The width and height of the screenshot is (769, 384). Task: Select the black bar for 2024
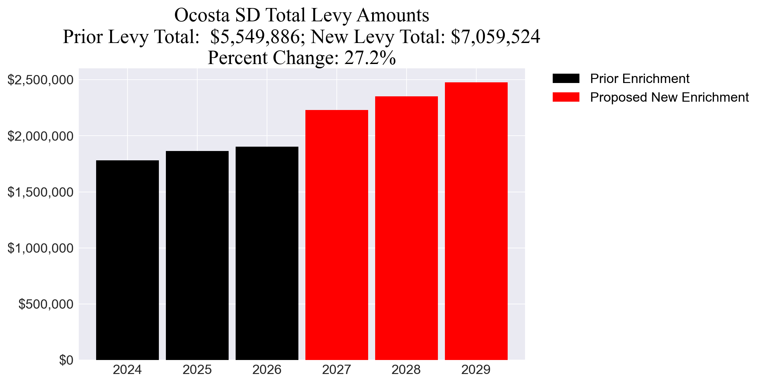(127, 260)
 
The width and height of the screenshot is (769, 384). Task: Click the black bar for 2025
(197, 255)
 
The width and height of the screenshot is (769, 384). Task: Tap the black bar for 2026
(267, 253)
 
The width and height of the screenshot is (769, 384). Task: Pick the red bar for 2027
(336, 235)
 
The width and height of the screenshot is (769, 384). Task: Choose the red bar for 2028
(406, 228)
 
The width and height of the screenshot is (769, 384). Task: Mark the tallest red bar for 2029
(476, 221)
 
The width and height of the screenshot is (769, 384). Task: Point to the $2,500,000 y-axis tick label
(40, 80)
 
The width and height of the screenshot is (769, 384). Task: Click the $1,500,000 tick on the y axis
(40, 192)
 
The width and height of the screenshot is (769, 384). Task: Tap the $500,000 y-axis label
(46, 304)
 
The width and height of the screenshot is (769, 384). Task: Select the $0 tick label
(66, 360)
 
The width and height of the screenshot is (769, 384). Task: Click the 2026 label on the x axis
(267, 370)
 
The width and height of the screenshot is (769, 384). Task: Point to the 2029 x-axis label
(476, 370)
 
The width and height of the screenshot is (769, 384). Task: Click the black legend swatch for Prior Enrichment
(566, 79)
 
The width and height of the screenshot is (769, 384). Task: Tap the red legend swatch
(566, 97)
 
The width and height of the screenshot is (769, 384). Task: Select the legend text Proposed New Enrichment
(669, 97)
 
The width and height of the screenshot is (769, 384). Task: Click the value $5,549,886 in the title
(255, 37)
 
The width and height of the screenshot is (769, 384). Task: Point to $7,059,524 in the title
(495, 37)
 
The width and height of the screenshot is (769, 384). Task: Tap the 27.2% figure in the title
(370, 58)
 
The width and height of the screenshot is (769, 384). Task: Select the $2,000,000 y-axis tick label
(40, 136)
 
